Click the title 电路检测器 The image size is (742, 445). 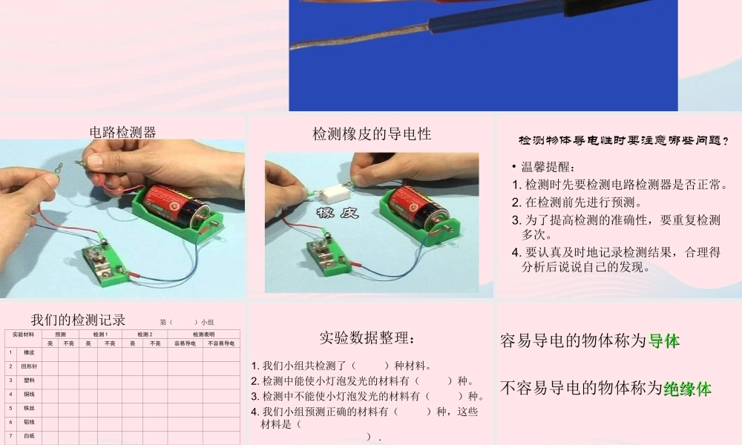pos(122,133)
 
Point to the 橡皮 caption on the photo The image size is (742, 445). pos(338,214)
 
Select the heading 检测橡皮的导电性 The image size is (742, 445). pos(372,134)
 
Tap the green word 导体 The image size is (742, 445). pos(664,341)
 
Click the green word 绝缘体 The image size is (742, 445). pos(687,388)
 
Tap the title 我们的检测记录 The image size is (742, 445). pos(78,320)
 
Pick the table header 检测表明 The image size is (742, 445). pos(204,334)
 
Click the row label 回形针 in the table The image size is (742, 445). pos(29,366)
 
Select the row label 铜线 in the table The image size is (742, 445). pos(29,394)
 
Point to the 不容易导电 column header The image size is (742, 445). pos(221,344)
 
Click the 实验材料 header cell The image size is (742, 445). pos(23,335)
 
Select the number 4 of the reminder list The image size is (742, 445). pos(516,253)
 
